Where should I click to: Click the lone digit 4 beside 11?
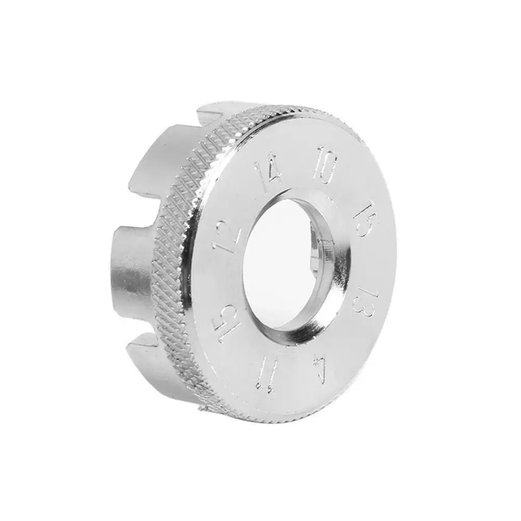322,370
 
